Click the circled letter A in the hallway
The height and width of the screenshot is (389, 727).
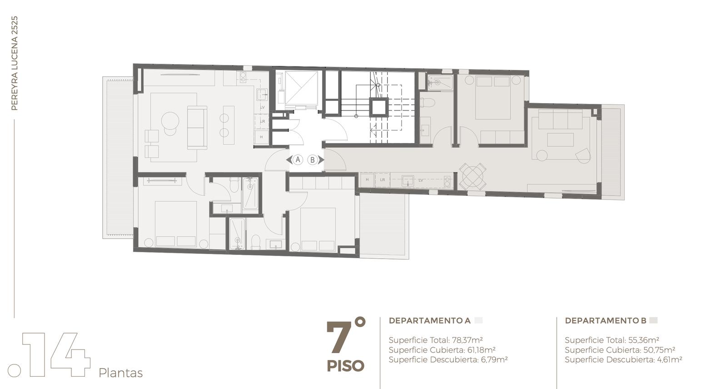(x=298, y=160)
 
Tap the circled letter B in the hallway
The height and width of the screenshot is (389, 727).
(x=312, y=160)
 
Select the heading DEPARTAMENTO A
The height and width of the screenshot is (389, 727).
(x=429, y=320)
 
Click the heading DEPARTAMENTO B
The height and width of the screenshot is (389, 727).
(x=606, y=320)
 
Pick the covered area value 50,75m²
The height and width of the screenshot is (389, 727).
(x=659, y=350)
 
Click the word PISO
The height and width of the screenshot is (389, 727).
(x=345, y=366)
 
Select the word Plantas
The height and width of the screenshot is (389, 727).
(x=120, y=373)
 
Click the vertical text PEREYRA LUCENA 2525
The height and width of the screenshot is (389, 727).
(x=14, y=63)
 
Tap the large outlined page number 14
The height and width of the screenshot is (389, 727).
(x=56, y=354)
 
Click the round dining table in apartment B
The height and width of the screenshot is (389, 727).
(x=472, y=176)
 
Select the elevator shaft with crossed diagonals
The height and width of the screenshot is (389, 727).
(x=301, y=88)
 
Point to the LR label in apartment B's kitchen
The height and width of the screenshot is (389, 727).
(x=382, y=180)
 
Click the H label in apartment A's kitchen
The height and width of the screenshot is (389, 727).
(x=261, y=137)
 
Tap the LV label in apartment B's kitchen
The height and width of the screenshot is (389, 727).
(x=421, y=180)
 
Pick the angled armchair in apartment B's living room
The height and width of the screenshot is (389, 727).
(x=583, y=155)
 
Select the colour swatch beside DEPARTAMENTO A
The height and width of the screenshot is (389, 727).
(x=478, y=320)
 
